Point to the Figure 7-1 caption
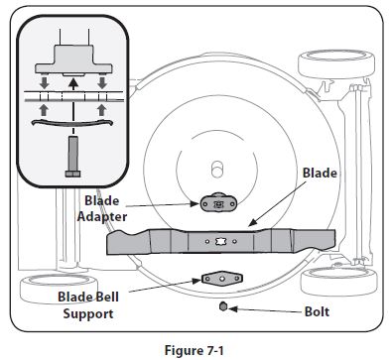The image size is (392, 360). pos(196,348)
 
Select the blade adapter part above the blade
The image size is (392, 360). pos(218,203)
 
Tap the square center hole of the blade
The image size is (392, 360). pos(220,240)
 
